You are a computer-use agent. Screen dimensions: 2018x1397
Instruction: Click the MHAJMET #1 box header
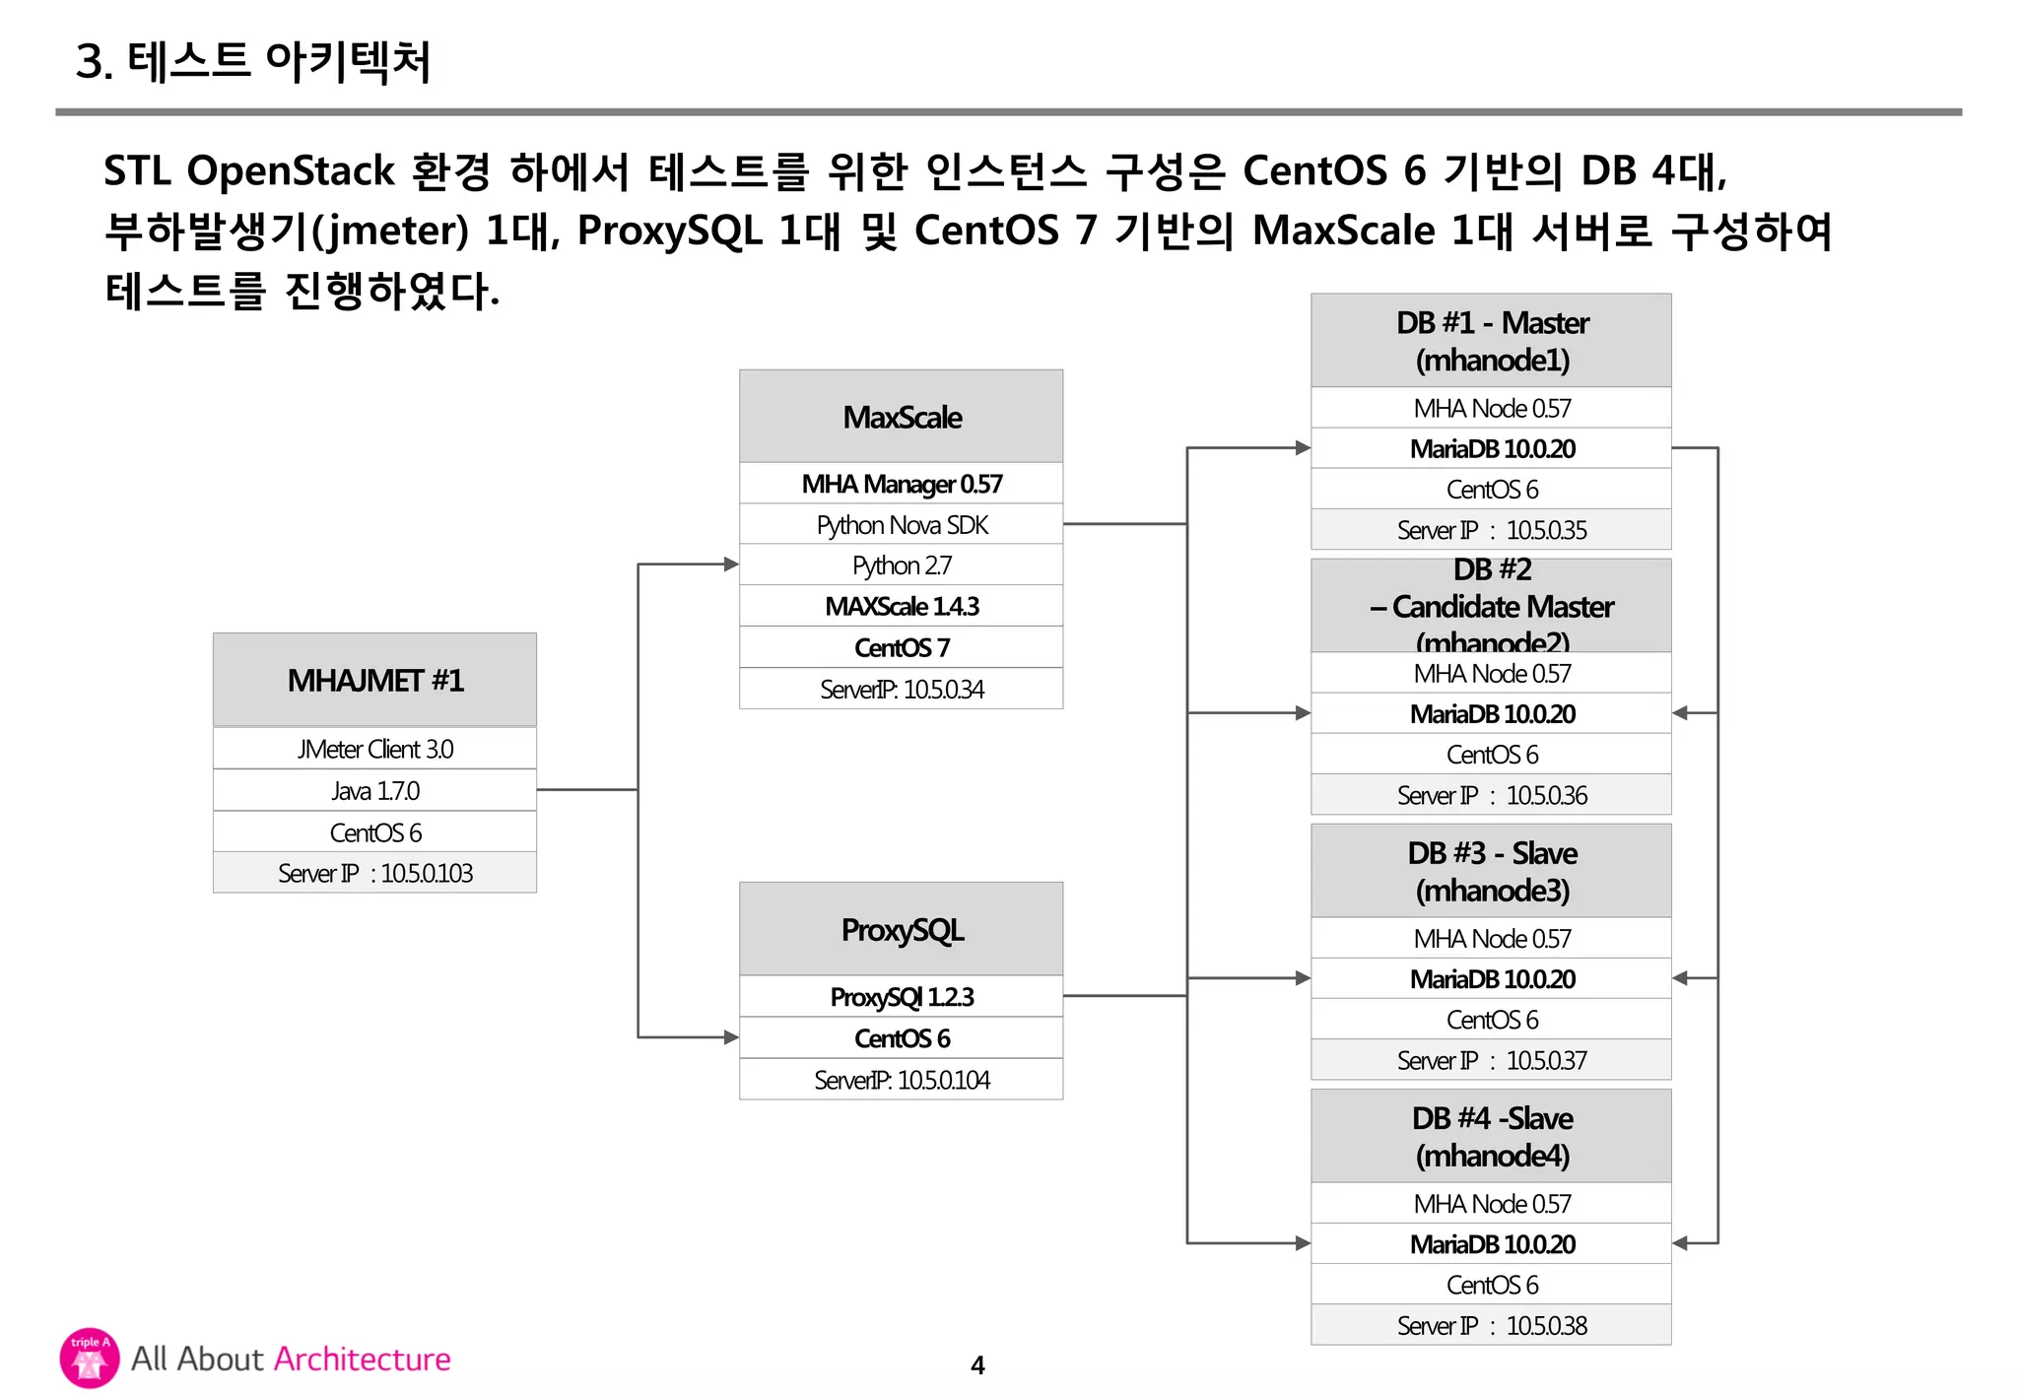[x=374, y=680]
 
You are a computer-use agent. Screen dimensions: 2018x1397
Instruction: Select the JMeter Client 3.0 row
[x=374, y=749]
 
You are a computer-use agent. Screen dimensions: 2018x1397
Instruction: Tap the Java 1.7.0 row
[x=374, y=790]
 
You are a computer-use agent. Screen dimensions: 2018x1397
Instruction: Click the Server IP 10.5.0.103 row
[x=374, y=873]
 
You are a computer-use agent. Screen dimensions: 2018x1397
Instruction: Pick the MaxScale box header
[x=901, y=417]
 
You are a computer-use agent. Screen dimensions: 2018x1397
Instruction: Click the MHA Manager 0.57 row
[x=901, y=484]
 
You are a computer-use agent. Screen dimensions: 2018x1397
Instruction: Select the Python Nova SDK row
[x=901, y=525]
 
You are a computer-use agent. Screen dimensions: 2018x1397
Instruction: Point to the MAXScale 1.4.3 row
[x=901, y=606]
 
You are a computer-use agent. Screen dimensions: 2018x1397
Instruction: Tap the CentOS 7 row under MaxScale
[x=901, y=647]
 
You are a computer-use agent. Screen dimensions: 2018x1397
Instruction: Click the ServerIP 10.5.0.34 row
[x=901, y=689]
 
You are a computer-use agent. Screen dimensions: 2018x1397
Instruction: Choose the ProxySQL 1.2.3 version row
[x=901, y=997]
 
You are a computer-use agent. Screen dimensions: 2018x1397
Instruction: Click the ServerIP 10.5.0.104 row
[x=901, y=1080]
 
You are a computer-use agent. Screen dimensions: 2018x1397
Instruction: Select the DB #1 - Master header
[x=1491, y=341]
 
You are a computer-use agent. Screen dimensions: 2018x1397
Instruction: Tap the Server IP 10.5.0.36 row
[x=1491, y=795]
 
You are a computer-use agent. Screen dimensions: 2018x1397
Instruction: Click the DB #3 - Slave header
[x=1491, y=871]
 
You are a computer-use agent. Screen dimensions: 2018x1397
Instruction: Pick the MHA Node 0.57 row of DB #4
[x=1491, y=1203]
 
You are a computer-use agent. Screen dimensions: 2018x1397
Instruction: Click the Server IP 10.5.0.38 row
[x=1491, y=1325]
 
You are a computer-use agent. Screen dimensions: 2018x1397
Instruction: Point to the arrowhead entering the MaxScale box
[x=731, y=565]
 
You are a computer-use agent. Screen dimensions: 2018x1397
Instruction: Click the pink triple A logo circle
[x=90, y=1358]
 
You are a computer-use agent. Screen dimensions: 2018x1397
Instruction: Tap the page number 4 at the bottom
[x=977, y=1365]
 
